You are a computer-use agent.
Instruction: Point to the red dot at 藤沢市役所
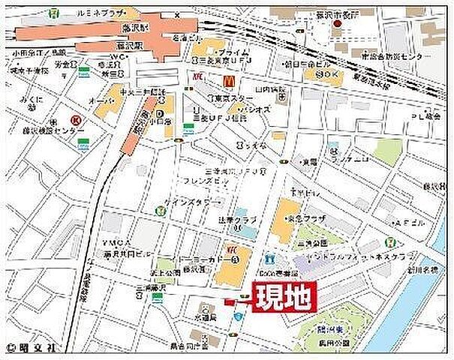[x=337, y=22]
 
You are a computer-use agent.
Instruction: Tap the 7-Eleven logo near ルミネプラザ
[x=55, y=13]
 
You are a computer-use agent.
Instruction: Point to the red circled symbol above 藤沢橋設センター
[x=75, y=119]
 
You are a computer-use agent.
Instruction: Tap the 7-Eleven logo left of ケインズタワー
[x=160, y=209]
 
